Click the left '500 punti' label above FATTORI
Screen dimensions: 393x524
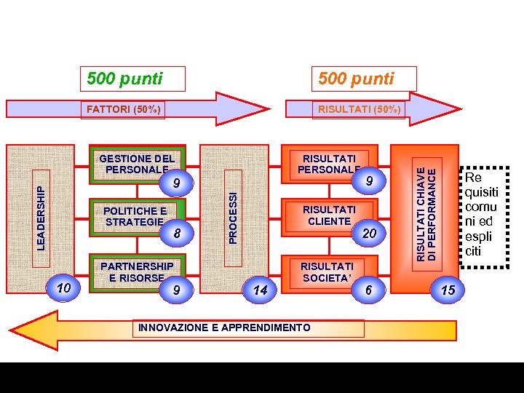132,78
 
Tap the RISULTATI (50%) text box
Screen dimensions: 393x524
357,109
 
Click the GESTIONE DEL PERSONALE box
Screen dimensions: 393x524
136,164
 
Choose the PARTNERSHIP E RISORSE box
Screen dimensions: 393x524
137,271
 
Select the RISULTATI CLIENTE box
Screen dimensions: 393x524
329,215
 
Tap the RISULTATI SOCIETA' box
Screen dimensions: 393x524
327,271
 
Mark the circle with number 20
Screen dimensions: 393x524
369,233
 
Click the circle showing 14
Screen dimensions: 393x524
260,290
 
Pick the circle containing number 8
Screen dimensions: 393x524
176,233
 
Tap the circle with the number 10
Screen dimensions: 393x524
64,288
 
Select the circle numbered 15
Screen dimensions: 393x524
448,290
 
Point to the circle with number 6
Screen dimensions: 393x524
369,290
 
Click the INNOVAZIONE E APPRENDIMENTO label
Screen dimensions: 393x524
224,327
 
